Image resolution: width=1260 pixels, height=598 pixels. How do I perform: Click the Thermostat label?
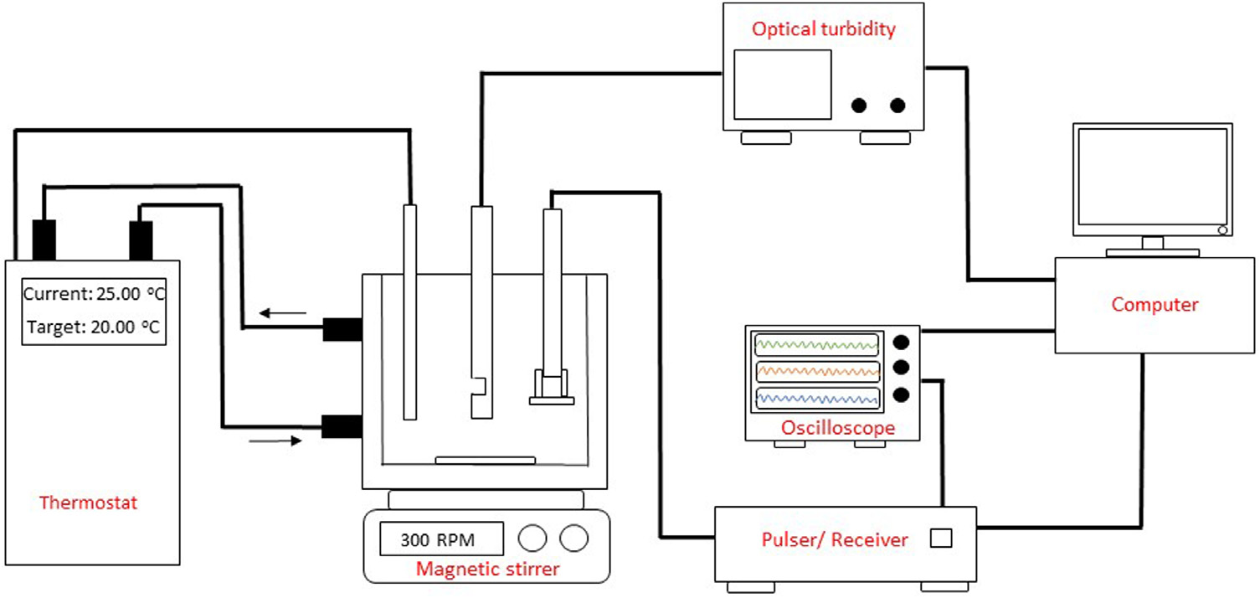point(88,503)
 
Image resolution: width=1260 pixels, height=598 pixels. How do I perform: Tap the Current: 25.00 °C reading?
point(92,295)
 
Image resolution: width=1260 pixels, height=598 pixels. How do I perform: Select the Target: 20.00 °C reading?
point(92,327)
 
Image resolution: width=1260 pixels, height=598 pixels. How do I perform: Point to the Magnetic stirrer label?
point(487,570)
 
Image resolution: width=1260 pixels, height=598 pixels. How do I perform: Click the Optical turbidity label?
point(823,30)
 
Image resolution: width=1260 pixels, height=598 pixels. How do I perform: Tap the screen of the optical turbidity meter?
point(782,84)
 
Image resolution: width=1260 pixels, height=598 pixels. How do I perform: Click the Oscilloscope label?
point(837,428)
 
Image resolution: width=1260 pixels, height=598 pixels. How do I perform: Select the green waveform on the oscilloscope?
point(817,344)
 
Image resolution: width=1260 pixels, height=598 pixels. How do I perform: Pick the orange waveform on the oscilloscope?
point(817,371)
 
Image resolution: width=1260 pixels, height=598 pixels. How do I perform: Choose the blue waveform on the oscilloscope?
point(817,399)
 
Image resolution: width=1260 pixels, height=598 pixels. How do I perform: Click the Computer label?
point(1155,305)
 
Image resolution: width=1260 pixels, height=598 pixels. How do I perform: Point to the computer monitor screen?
point(1153,179)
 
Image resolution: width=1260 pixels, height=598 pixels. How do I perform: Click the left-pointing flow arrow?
point(281,314)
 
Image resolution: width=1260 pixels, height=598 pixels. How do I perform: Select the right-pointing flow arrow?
point(275,440)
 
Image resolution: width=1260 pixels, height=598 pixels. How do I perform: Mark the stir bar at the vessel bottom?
point(485,459)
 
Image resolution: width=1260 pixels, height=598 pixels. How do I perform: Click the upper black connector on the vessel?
point(342,330)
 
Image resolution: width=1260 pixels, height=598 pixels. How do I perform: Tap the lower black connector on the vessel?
point(342,426)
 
